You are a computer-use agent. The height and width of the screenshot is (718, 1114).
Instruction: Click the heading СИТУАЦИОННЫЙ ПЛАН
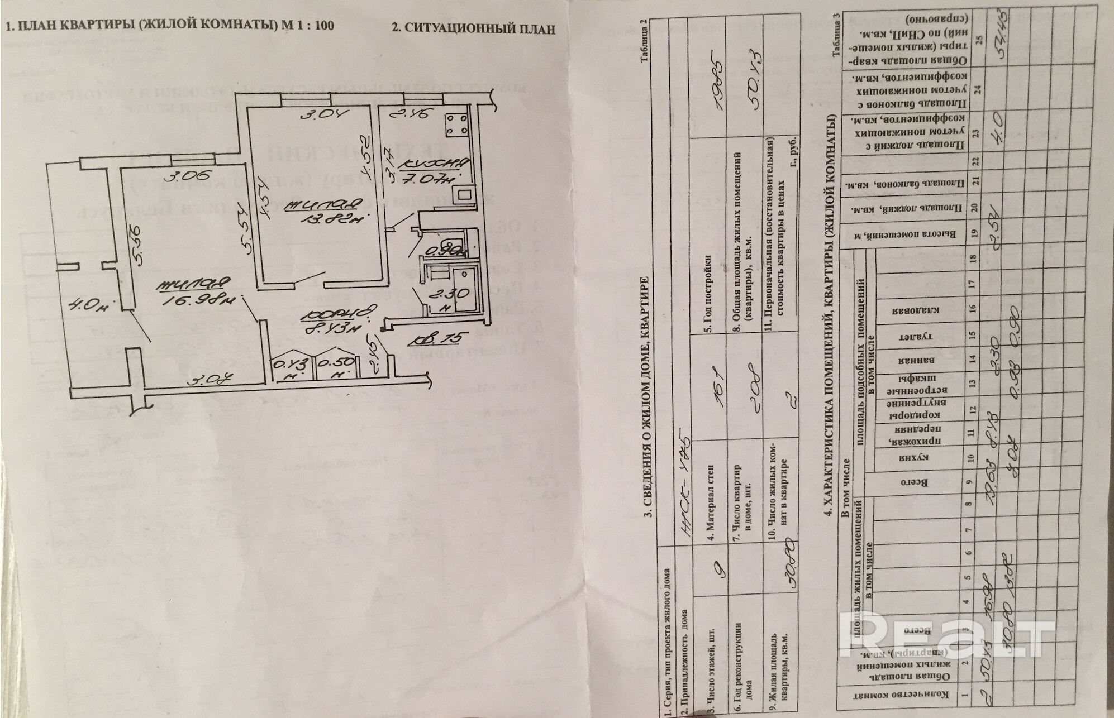473,29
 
